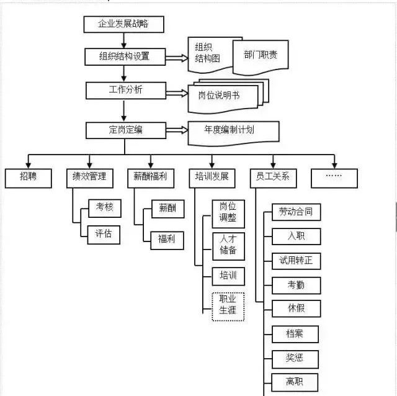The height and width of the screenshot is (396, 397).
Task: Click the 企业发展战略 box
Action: pos(123,24)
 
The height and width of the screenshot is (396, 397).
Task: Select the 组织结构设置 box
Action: pos(125,57)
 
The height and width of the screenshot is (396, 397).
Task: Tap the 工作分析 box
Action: pos(125,90)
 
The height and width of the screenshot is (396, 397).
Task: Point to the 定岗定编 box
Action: pos(125,130)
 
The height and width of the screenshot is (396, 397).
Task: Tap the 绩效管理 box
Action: pos(89,177)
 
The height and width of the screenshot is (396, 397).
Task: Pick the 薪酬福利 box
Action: pos(151,177)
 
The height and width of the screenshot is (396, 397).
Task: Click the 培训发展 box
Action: pos(212,177)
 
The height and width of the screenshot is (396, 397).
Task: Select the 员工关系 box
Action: pos(273,177)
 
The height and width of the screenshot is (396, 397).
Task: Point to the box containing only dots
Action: pos(334,177)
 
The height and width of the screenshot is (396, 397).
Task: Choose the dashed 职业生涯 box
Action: pos(228,306)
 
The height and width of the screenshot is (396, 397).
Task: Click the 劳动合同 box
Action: pos(296,212)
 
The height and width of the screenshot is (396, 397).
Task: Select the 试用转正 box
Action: pos(296,261)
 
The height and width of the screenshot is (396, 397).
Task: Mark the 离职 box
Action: pos(295,381)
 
